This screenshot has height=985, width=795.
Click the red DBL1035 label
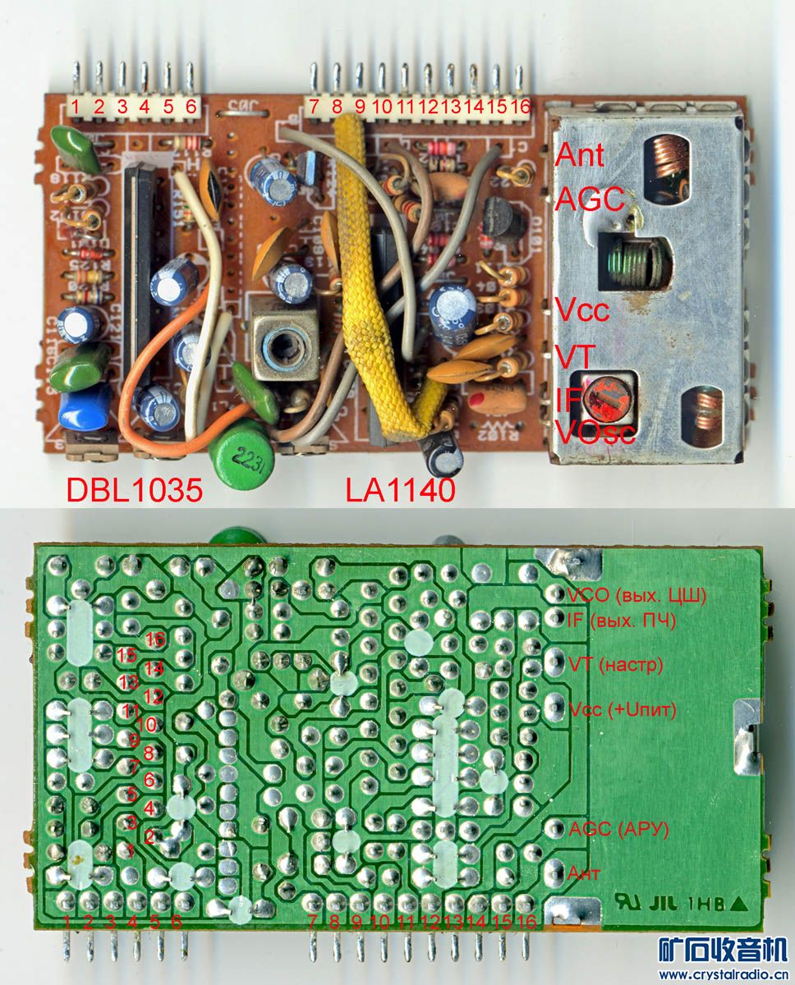point(134,490)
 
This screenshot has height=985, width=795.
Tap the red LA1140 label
point(400,490)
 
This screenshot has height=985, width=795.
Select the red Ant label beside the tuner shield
point(581,154)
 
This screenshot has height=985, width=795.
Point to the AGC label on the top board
point(590,199)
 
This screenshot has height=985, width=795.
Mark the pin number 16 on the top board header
point(521,106)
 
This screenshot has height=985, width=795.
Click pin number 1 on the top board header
point(75,106)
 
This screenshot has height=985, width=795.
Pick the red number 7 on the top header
point(313,106)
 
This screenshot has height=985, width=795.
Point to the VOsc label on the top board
point(595,431)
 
